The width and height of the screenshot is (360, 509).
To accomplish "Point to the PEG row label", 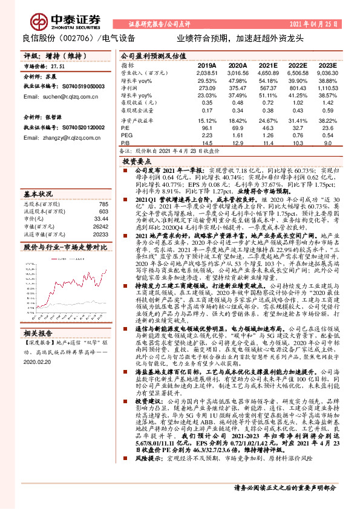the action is coord(126,135).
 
